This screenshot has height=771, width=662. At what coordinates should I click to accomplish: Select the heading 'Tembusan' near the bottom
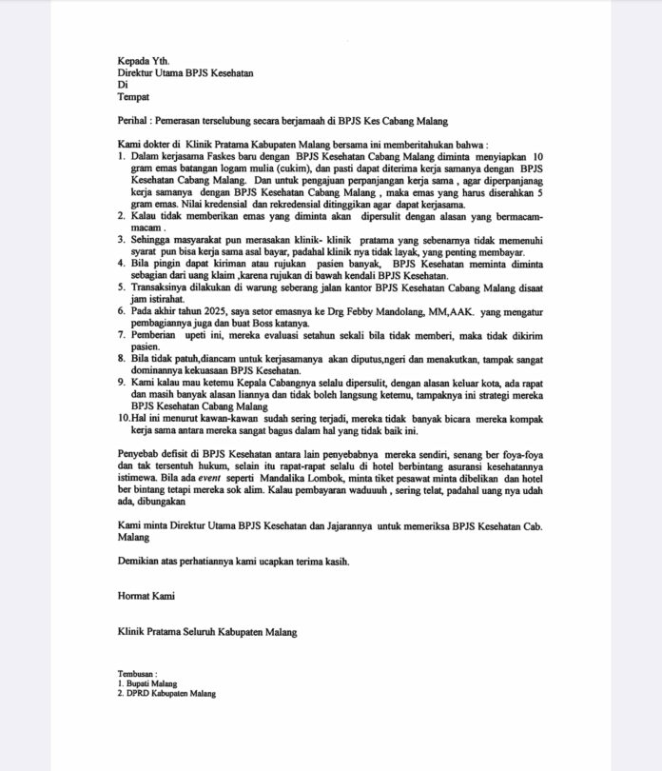coord(137,674)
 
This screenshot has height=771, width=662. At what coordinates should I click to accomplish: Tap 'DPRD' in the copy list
coord(139,693)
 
